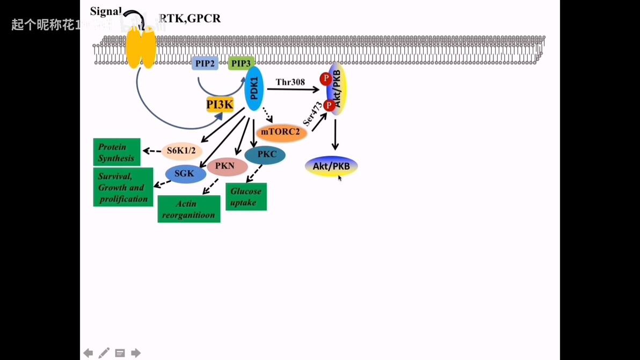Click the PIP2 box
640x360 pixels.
point(205,63)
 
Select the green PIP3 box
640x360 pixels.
point(241,63)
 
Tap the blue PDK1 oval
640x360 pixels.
point(254,89)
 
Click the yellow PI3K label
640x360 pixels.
point(220,105)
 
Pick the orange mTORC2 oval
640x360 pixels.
point(281,132)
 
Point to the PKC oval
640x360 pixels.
point(266,155)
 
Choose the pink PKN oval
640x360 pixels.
point(226,166)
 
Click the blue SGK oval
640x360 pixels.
point(185,174)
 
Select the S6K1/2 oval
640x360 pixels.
point(181,151)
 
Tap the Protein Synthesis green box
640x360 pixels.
point(117,152)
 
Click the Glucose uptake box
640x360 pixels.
point(246,197)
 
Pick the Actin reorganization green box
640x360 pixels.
point(188,209)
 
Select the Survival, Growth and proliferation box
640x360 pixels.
point(123,187)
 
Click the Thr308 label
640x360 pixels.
point(290,82)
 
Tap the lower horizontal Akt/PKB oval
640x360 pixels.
point(331,166)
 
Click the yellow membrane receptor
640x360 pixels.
point(141,48)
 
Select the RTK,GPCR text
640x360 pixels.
point(190,19)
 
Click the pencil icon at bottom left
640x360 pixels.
point(104,352)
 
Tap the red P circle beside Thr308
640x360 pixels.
point(325,79)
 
